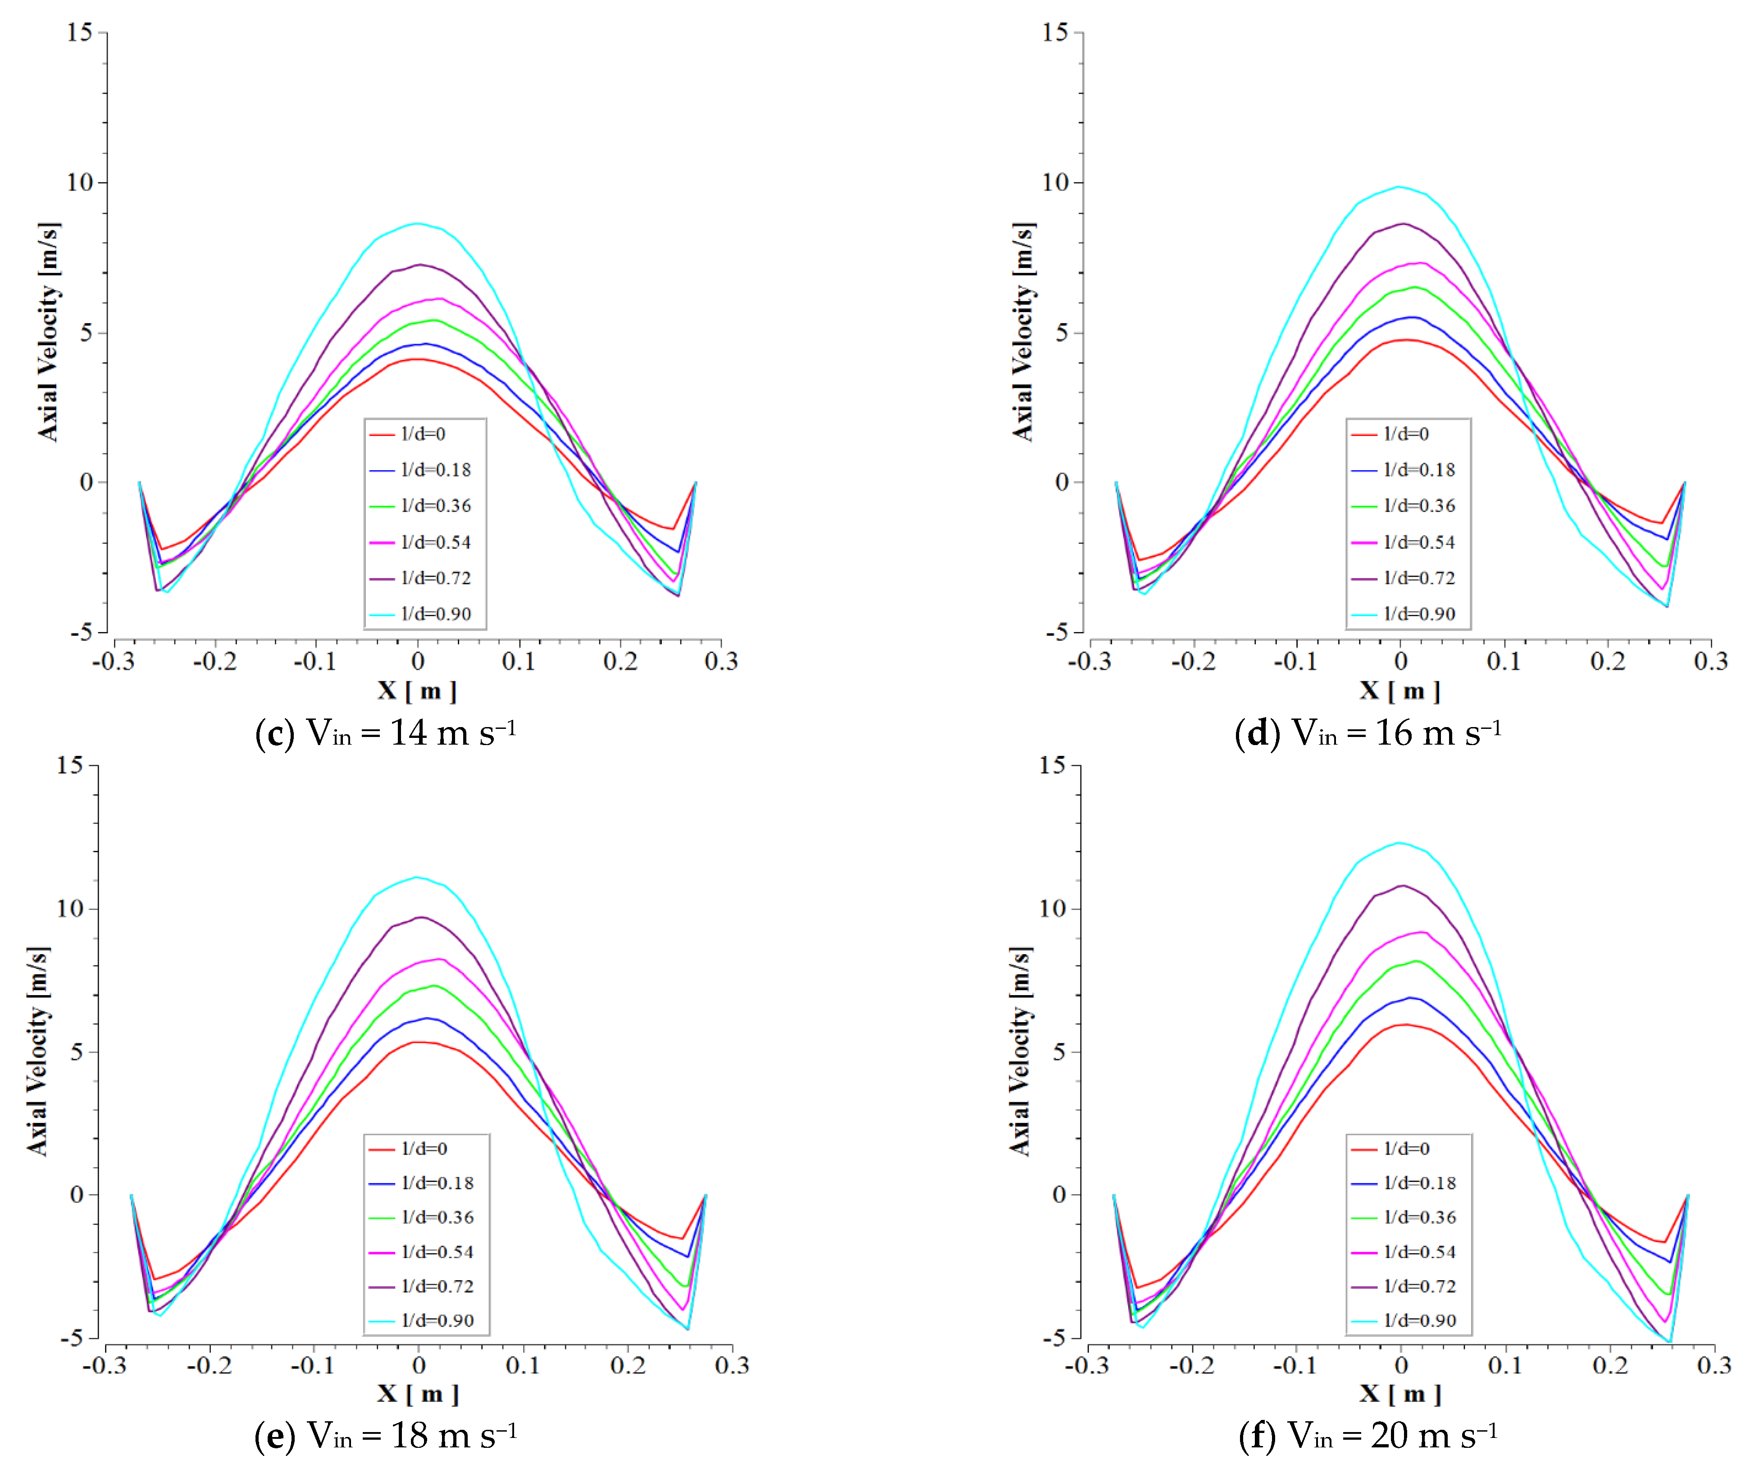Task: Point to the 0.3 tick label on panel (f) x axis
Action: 1714,1365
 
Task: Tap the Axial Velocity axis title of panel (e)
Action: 37,1051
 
